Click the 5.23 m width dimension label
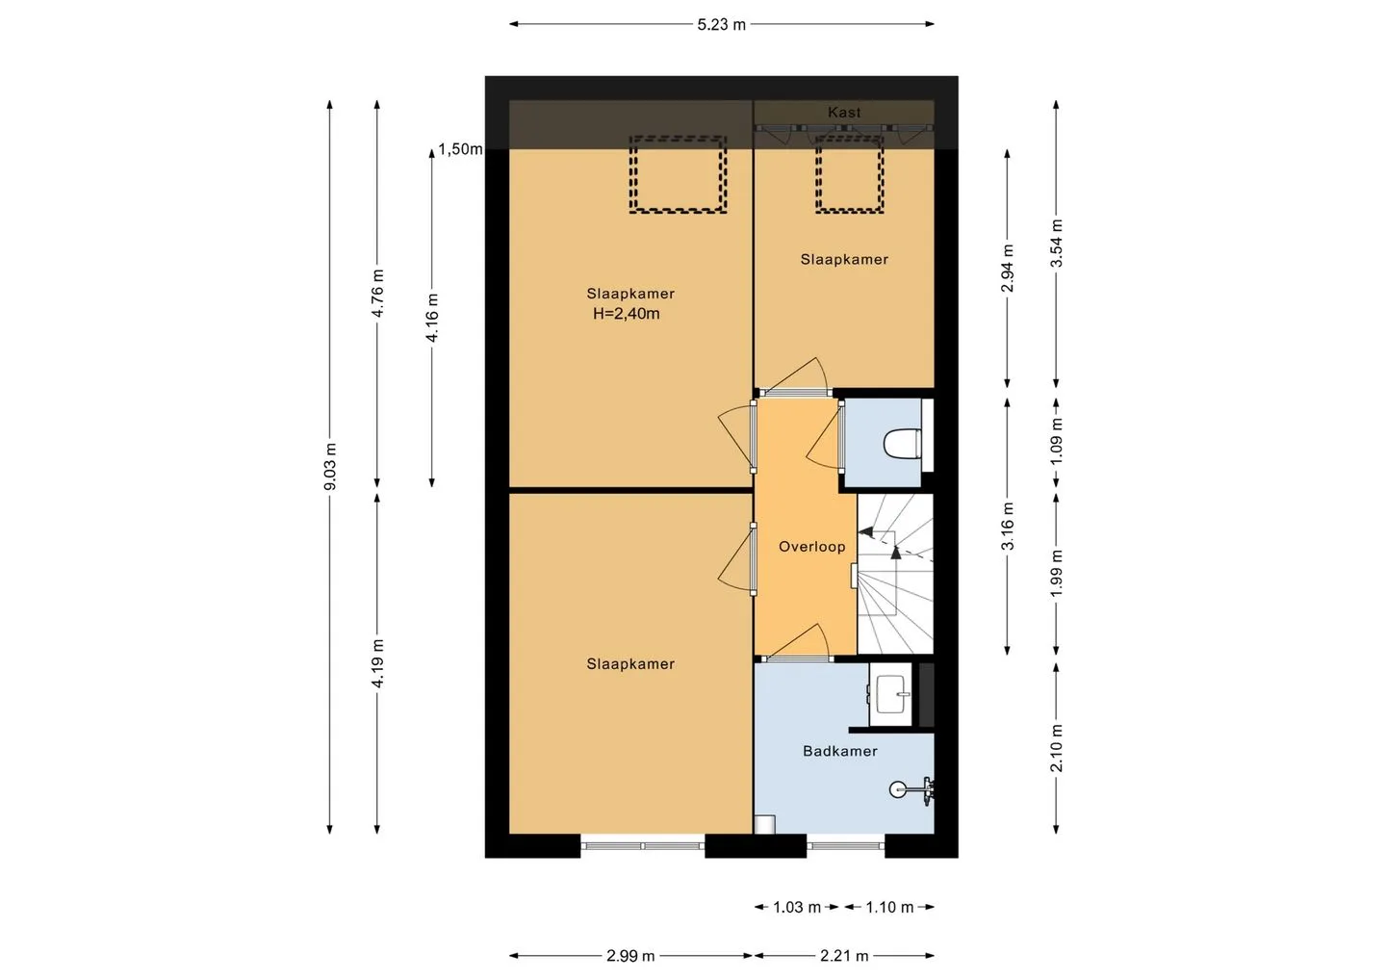[x=722, y=25]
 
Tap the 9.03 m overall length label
[x=330, y=467]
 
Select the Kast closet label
[x=844, y=112]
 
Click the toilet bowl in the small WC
[x=902, y=444]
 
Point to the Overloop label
[x=811, y=546]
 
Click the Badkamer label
[x=839, y=751]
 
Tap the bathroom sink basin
[x=891, y=694]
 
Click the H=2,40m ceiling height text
[x=627, y=314]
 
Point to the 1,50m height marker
[x=460, y=149]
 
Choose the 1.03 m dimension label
[x=796, y=908]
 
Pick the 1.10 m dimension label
[x=889, y=908]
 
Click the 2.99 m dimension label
[x=629, y=956]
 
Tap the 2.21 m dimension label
[x=844, y=956]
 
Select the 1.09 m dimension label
[x=1057, y=441]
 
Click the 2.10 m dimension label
[x=1057, y=748]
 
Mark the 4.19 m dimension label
[x=378, y=663]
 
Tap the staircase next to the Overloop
[x=895, y=574]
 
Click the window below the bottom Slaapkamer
[x=643, y=846]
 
